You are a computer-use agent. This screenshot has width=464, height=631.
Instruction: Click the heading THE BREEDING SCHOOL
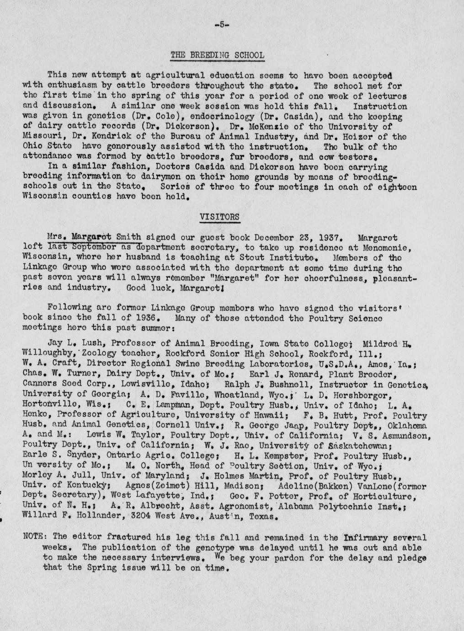[x=217, y=55]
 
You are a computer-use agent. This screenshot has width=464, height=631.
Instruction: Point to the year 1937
[x=328, y=238]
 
